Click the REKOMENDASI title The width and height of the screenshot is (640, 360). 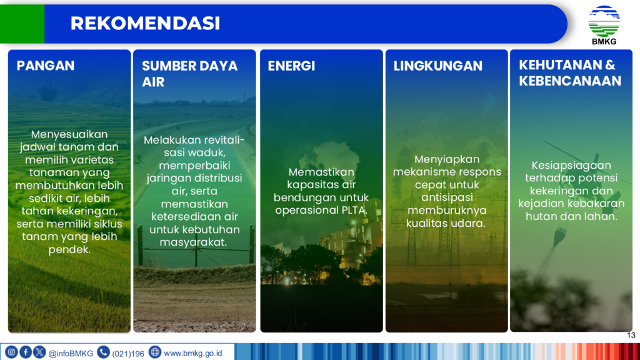(145, 23)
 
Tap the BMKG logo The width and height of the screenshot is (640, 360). (604, 25)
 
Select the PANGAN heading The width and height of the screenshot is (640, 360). (46, 66)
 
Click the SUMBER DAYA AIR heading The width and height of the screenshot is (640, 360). (189, 74)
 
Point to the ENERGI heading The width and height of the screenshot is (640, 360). (291, 66)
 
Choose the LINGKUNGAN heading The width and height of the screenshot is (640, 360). (438, 66)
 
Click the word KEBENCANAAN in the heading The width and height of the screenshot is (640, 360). (570, 81)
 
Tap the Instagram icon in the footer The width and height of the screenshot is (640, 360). (11, 352)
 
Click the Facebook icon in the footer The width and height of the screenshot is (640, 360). (25, 352)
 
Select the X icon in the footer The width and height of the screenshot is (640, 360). (39, 352)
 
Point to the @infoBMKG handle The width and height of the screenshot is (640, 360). (71, 354)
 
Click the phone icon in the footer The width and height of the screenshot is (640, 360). (103, 352)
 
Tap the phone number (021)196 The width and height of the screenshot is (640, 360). (128, 354)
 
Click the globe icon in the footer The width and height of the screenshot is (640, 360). (155, 352)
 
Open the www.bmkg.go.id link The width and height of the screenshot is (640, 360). (192, 353)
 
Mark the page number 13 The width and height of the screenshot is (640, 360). (631, 336)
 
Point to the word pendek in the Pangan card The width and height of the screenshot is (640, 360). (69, 249)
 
